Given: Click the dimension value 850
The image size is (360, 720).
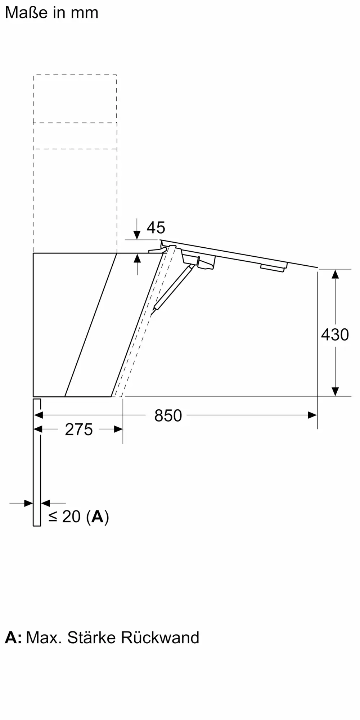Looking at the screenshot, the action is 168,415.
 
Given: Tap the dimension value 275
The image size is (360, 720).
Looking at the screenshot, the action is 79,429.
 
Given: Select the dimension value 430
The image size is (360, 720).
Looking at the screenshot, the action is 335,335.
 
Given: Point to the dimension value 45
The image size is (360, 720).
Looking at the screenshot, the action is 156,228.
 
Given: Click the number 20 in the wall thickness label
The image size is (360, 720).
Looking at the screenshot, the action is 71,517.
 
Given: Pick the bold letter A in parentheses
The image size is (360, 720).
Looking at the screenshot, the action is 97,517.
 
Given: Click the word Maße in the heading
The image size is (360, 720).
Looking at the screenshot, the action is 26,13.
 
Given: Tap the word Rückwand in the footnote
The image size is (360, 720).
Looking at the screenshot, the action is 160,638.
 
